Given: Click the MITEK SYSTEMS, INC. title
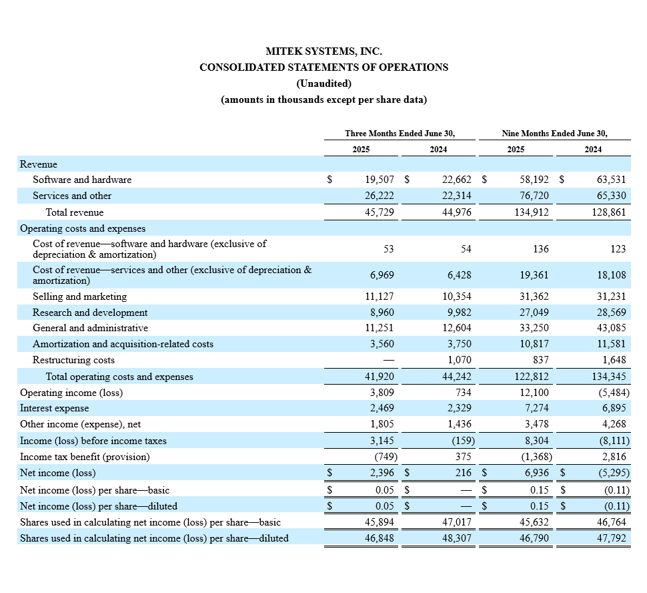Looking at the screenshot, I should coord(323,51).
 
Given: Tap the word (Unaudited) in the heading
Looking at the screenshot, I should coord(323,83).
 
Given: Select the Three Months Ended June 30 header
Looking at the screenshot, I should coord(400,134).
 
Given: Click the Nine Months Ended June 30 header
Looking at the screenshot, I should coord(554,134).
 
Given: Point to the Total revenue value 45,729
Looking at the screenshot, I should coord(380,212).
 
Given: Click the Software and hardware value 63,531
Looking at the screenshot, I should coord(611,180).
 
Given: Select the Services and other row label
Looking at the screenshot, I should coord(72,196).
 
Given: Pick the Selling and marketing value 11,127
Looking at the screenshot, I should coord(380,296).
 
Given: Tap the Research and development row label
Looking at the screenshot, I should coord(90,313).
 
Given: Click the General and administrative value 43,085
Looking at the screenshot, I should coord(611,328).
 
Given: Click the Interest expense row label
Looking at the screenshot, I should coord(54,408).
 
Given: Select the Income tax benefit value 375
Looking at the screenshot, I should coord(463,457).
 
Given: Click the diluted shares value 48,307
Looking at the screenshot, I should coord(457,538).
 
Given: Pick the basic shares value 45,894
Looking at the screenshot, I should coord(380,522).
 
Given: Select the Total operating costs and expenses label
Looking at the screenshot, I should coord(119,377).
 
